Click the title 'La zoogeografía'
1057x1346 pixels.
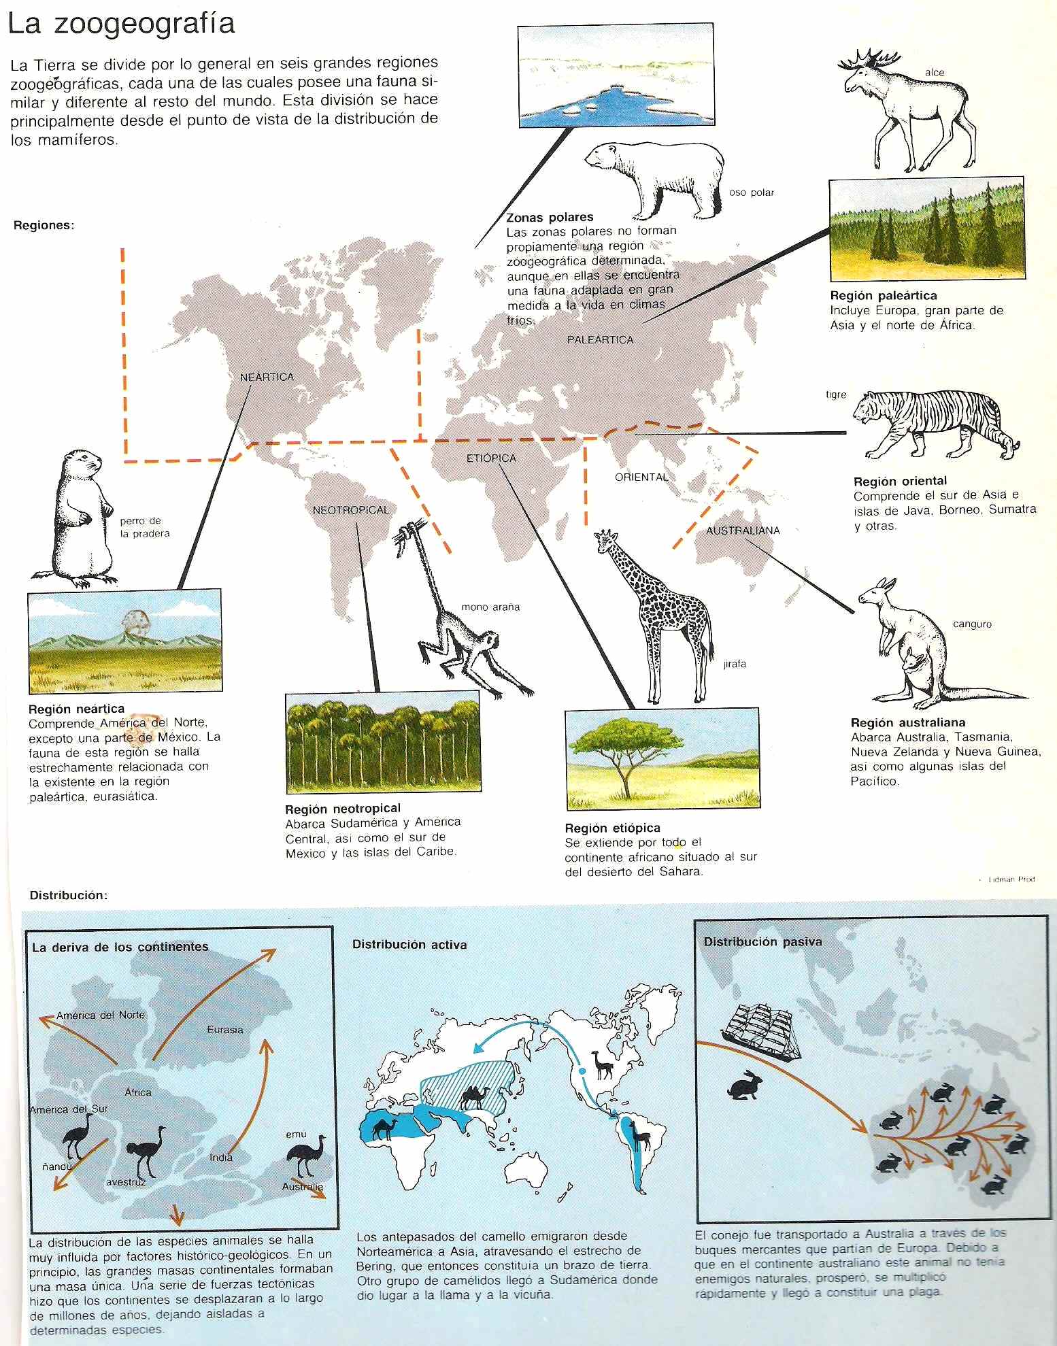click(x=121, y=24)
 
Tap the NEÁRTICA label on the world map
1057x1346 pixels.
click(x=267, y=377)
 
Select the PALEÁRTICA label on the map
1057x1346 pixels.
click(x=600, y=339)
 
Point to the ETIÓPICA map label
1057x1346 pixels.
click(x=491, y=458)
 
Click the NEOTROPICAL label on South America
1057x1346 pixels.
click(x=351, y=509)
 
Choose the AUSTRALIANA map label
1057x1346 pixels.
click(x=743, y=530)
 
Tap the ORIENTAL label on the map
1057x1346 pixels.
click(x=641, y=477)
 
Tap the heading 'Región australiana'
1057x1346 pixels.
click(x=907, y=722)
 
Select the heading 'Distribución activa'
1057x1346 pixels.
click(x=409, y=944)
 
